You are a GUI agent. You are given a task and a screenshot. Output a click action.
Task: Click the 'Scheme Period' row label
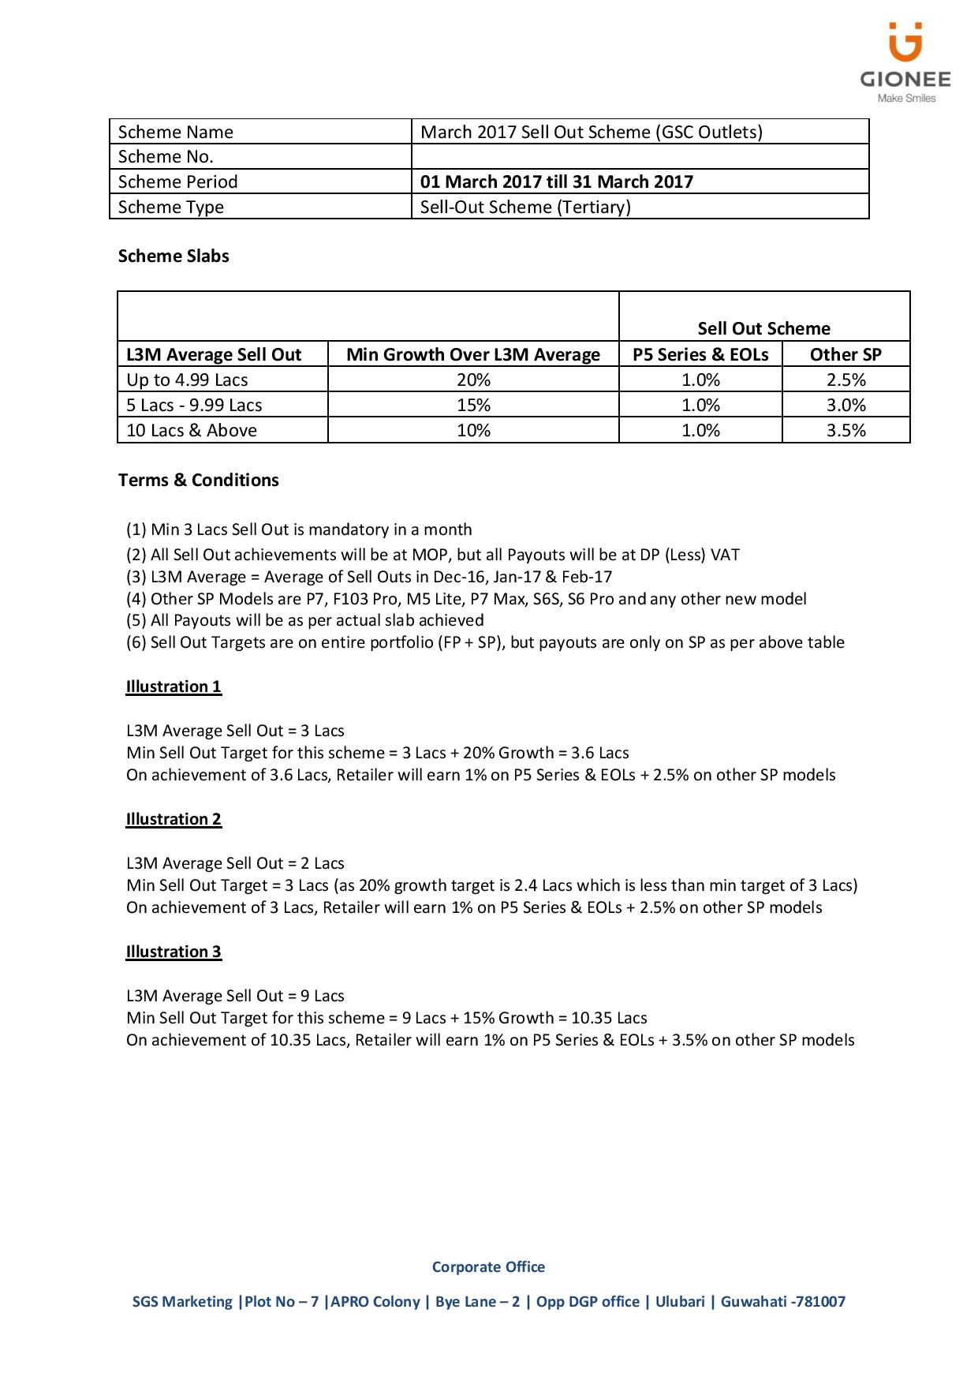click(177, 181)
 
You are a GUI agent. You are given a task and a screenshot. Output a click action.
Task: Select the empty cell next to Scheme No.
click(640, 156)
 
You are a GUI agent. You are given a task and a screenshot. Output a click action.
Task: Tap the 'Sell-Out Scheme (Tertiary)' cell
click(525, 207)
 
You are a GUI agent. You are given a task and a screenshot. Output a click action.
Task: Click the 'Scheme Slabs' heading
click(174, 256)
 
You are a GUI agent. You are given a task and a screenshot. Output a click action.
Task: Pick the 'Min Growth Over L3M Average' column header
click(473, 354)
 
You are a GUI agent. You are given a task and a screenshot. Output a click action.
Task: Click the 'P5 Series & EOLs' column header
click(700, 354)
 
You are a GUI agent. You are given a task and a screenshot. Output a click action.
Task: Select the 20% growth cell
click(473, 380)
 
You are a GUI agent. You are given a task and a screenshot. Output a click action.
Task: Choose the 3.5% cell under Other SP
click(846, 430)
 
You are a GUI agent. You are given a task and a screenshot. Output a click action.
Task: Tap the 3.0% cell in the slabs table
click(846, 405)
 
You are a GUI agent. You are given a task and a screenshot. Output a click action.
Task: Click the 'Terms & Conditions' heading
click(199, 480)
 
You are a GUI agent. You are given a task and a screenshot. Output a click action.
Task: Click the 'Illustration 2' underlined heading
click(174, 819)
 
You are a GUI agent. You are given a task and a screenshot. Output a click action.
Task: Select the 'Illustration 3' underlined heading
click(174, 952)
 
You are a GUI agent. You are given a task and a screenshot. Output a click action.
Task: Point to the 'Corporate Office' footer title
click(488, 1266)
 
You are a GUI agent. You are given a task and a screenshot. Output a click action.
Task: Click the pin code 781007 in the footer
click(820, 1301)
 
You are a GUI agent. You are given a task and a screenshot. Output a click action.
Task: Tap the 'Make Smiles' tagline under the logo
click(907, 99)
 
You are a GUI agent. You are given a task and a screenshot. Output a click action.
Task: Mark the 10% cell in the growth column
click(473, 430)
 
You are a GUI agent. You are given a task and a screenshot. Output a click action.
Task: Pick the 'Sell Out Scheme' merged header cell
click(763, 328)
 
